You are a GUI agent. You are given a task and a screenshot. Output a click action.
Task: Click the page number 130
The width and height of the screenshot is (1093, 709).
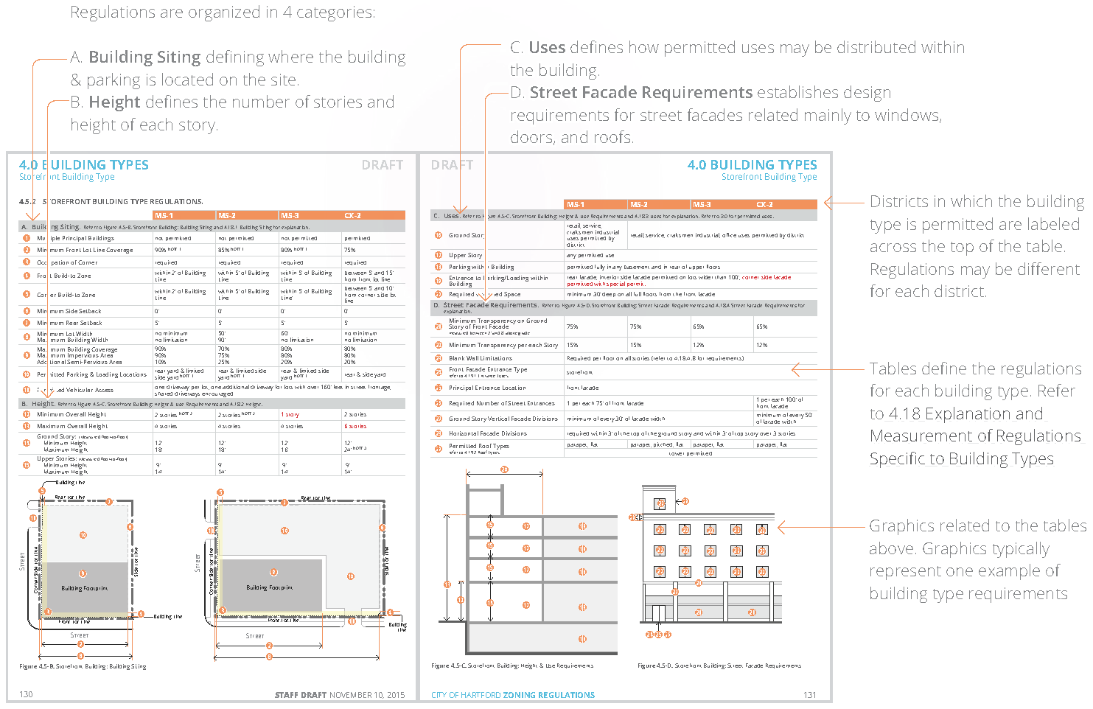tap(26, 694)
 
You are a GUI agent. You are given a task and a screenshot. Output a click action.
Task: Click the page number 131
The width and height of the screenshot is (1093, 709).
tap(809, 695)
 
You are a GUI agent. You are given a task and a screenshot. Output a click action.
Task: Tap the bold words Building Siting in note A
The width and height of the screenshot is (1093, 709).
tap(144, 57)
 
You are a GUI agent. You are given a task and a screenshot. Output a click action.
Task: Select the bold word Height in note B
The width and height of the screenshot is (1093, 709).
tap(114, 102)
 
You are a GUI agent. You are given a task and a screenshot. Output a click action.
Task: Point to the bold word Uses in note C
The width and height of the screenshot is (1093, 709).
tap(547, 48)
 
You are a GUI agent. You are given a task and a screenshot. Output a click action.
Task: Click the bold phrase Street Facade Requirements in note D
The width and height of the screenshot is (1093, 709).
tap(640, 93)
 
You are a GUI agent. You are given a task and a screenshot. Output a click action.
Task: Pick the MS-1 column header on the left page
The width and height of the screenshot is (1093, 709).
tap(164, 215)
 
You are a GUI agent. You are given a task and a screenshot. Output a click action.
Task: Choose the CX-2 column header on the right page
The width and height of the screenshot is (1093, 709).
tap(764, 204)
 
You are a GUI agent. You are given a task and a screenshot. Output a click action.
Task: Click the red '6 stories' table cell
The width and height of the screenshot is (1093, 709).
tap(355, 426)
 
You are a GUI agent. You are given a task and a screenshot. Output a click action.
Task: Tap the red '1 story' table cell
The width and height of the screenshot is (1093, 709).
tap(290, 414)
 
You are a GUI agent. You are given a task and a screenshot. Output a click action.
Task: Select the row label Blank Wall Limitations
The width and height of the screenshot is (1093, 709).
tap(480, 358)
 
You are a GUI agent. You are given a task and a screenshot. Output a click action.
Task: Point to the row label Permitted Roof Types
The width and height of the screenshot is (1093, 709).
tap(478, 446)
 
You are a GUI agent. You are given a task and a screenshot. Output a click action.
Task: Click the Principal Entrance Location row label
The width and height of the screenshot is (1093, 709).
tap(487, 388)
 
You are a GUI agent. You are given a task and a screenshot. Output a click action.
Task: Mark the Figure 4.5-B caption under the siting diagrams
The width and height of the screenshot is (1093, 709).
tap(83, 666)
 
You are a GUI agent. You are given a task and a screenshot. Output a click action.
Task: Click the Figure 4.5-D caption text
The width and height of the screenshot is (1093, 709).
tap(719, 666)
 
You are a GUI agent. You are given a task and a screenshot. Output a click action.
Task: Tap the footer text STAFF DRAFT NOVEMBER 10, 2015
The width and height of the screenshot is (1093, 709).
tap(340, 695)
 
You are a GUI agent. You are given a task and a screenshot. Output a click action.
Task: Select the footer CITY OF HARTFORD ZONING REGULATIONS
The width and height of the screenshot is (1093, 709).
tap(513, 695)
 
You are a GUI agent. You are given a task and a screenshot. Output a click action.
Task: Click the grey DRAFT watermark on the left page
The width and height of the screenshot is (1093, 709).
tap(382, 165)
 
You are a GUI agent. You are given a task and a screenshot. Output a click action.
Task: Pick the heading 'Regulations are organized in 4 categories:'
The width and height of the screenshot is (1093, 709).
tap(222, 13)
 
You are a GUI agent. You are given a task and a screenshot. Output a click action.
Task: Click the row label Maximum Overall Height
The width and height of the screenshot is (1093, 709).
tap(72, 426)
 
